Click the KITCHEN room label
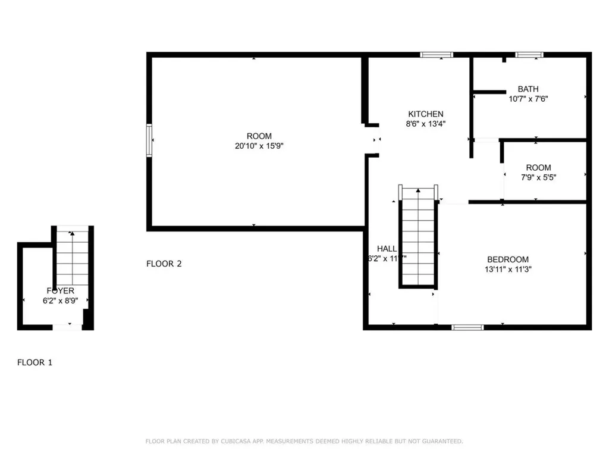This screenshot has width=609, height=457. point(425,114)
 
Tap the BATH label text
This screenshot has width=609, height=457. point(528,89)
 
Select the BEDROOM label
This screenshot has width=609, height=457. point(507,259)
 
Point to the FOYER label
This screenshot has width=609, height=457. point(61,290)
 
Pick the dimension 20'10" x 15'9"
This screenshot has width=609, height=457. point(259,146)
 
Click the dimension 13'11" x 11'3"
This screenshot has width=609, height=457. point(507,269)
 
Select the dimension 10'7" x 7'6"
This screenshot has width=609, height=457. point(528,99)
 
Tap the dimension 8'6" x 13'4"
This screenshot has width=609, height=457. point(425,124)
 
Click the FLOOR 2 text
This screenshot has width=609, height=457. point(164,264)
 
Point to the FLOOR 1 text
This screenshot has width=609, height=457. point(34,362)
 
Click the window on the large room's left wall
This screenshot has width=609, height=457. point(149,140)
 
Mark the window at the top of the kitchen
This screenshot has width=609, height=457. point(436,55)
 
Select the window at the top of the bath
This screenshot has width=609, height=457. point(529,55)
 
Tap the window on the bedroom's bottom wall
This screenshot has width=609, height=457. point(467,327)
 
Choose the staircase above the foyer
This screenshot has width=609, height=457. point(73,256)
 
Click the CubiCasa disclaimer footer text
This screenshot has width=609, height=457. point(304,441)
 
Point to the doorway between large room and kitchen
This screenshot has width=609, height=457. point(372,140)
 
